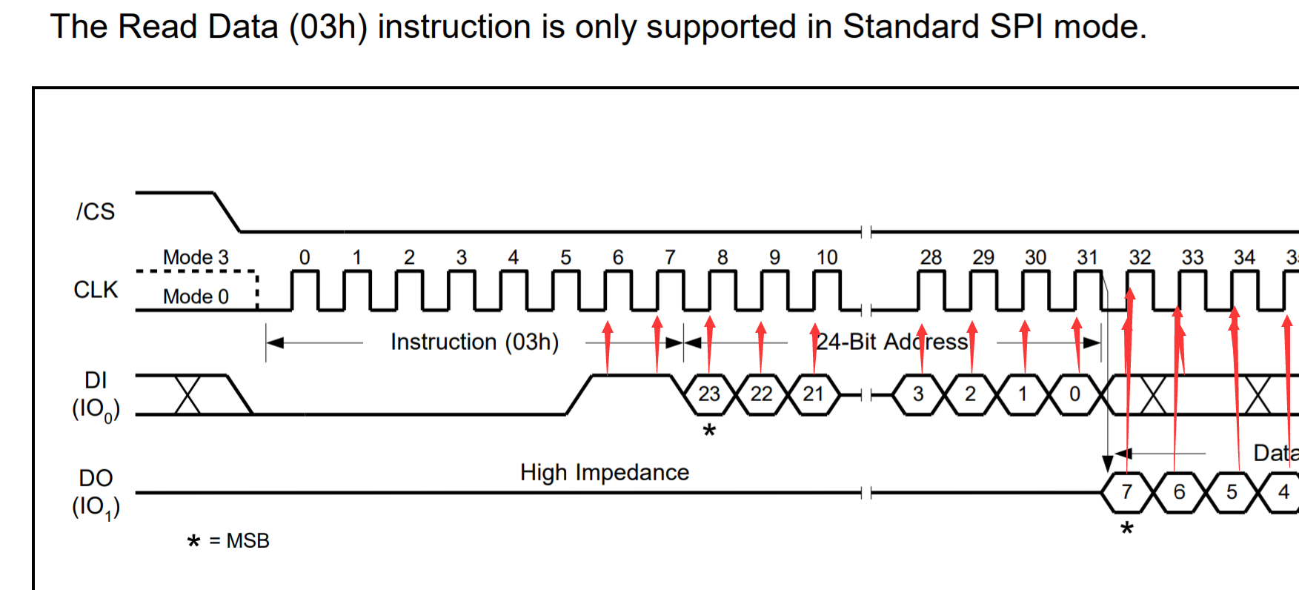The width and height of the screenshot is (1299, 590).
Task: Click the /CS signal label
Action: click(96, 212)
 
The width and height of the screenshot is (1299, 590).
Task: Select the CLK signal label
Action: click(96, 290)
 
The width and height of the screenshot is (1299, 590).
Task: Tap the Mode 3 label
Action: click(196, 257)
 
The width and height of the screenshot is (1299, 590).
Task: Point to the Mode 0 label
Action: click(196, 296)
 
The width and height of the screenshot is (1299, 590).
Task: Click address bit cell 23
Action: click(709, 394)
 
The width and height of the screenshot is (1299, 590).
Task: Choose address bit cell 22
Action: click(761, 394)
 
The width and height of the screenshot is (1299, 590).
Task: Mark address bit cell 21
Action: click(813, 394)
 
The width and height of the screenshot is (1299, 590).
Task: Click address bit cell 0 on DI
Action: click(1074, 394)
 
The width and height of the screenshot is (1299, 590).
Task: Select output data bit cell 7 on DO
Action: click(1126, 492)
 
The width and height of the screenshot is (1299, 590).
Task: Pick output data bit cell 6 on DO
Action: click(1179, 492)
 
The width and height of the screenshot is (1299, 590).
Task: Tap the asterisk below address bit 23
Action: click(709, 431)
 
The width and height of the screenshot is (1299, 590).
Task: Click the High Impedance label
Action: click(604, 473)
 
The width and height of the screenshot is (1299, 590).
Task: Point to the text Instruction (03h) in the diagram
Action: click(474, 342)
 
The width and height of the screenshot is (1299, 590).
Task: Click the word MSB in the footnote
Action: click(247, 541)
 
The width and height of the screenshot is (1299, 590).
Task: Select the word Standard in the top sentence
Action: click(911, 27)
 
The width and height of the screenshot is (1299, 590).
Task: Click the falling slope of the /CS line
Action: click(227, 212)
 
